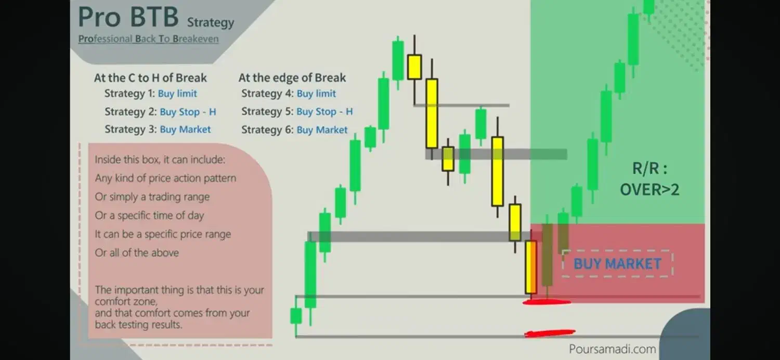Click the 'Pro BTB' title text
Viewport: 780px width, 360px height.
pos(128,17)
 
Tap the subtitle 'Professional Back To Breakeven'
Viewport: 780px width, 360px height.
pos(148,38)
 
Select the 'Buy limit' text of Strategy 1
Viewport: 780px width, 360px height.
pos(177,94)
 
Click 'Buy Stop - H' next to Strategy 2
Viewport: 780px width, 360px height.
pos(188,112)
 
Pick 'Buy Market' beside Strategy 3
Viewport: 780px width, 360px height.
pos(185,130)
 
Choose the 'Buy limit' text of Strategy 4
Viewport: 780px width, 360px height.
pos(316,94)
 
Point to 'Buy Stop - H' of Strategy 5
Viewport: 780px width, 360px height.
pos(324,111)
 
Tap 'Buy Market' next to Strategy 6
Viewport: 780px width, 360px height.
pos(322,130)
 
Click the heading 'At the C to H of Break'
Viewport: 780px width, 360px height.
pos(150,78)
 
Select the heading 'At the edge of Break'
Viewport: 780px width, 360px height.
pos(292,78)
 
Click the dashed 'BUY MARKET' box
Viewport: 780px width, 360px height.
pos(617,263)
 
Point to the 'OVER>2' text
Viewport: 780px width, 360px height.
pos(650,189)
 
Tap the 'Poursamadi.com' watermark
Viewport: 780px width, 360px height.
pos(612,349)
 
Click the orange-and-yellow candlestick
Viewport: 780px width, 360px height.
pos(531,267)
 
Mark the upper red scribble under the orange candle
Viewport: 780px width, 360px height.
pos(547,302)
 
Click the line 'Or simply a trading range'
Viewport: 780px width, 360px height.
pos(152,197)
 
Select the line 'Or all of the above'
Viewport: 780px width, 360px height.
pos(137,253)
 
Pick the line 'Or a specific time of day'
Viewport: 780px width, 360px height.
pos(149,215)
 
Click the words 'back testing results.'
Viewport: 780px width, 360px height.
pos(139,325)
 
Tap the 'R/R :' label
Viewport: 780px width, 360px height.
pos(650,169)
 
